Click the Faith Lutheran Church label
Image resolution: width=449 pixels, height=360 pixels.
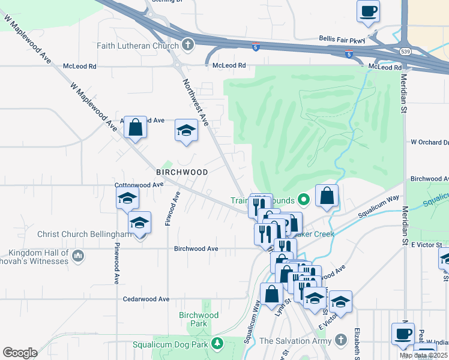click(138, 46)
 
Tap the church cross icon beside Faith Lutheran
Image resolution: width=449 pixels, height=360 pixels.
click(188, 45)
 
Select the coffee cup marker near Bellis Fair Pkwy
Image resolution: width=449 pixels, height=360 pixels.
click(368, 10)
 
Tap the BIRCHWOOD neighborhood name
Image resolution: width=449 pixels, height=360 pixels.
click(182, 172)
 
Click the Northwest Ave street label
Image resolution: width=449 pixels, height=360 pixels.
click(195, 103)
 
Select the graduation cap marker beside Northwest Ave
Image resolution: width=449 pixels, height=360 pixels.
click(187, 130)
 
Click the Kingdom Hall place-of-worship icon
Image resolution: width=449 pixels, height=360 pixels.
click(77, 257)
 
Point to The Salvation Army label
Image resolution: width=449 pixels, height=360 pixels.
click(295, 341)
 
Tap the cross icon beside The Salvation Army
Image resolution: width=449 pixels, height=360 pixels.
click(340, 341)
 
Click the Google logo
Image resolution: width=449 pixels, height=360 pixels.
click(20, 353)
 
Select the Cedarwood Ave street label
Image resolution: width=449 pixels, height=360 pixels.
click(146, 299)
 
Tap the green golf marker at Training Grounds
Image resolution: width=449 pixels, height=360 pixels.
click(304, 200)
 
